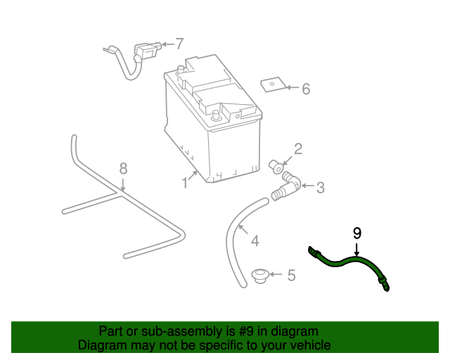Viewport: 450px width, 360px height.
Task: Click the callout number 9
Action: (x=357, y=232)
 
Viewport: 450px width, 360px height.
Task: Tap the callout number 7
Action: (x=179, y=43)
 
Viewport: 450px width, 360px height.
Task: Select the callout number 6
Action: (x=306, y=89)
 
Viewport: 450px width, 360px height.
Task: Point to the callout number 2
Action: (x=298, y=148)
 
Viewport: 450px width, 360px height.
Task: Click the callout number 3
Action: (x=320, y=188)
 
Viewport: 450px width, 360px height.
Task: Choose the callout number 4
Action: (x=255, y=241)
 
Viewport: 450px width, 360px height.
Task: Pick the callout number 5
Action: (x=291, y=275)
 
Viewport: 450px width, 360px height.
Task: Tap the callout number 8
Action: (x=123, y=168)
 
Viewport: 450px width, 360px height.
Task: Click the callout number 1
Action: (x=185, y=183)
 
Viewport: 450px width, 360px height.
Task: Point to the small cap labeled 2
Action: (x=277, y=167)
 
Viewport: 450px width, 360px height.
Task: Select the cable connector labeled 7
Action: (x=145, y=53)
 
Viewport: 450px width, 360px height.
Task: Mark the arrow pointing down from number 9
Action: (x=357, y=248)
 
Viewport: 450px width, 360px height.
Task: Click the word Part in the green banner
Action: (x=111, y=331)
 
